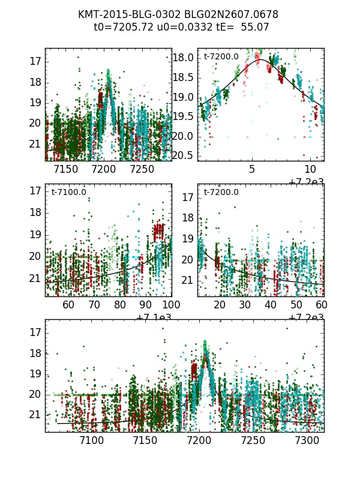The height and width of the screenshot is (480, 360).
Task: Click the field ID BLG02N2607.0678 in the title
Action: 225,14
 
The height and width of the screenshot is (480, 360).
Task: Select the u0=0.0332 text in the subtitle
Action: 178,27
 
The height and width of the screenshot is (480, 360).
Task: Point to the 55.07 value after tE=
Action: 254,27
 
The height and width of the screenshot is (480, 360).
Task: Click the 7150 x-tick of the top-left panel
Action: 65,170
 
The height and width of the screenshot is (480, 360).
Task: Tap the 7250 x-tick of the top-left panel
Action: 142,170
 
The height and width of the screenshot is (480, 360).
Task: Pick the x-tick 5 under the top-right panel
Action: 252,170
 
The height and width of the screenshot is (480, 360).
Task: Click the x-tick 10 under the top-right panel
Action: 310,170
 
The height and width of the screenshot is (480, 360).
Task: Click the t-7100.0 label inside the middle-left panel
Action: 68,192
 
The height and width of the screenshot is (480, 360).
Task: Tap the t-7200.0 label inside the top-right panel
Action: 221,57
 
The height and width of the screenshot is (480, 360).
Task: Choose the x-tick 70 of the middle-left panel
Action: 94,305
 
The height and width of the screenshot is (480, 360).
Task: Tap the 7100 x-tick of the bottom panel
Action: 92,441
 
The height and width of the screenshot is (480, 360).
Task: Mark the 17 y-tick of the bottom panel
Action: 36,332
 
